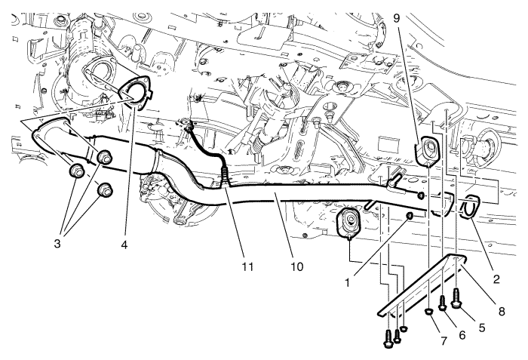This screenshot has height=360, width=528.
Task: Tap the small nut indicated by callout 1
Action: pos(409,217)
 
